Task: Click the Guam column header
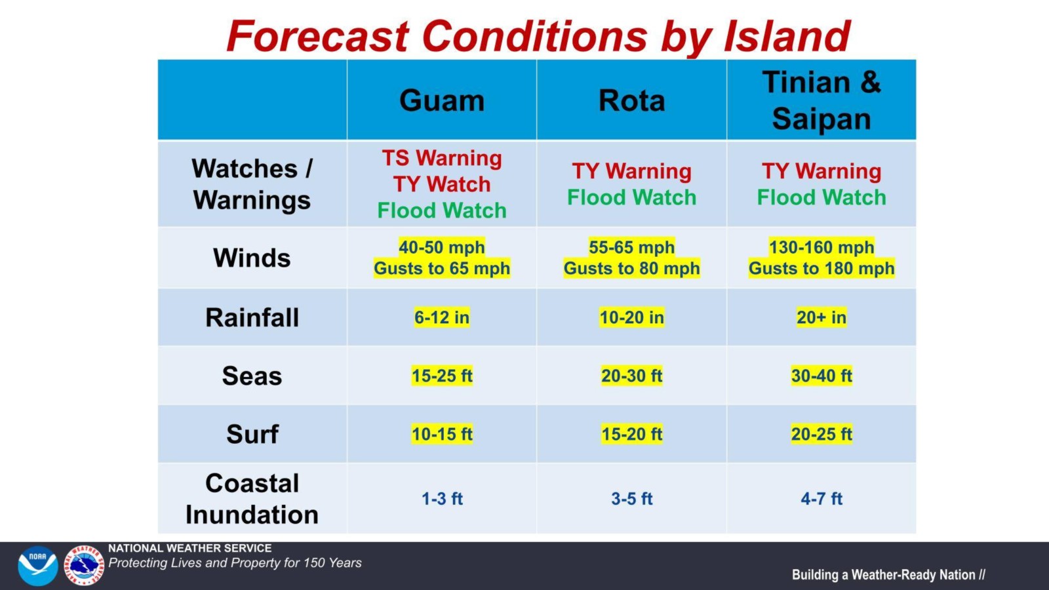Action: tap(442, 101)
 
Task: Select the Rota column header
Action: tap(631, 101)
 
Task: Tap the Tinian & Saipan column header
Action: tap(821, 100)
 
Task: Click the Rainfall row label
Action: tap(252, 317)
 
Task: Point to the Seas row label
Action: tap(252, 376)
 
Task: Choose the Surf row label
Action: tap(252, 434)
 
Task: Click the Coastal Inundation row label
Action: tap(252, 499)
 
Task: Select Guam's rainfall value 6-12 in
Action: tap(442, 317)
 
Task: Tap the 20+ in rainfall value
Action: tap(821, 317)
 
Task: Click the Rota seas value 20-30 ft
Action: tap(631, 376)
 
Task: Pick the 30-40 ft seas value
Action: tap(821, 376)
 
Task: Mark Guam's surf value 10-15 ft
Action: tap(442, 434)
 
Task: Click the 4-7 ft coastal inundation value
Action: tap(821, 499)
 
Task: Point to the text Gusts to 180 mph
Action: tap(821, 268)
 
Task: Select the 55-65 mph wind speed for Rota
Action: tap(631, 247)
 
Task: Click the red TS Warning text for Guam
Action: tap(442, 158)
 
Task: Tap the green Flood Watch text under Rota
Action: tap(631, 197)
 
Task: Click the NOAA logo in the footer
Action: tap(37, 565)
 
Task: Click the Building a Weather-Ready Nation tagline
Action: tap(888, 575)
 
